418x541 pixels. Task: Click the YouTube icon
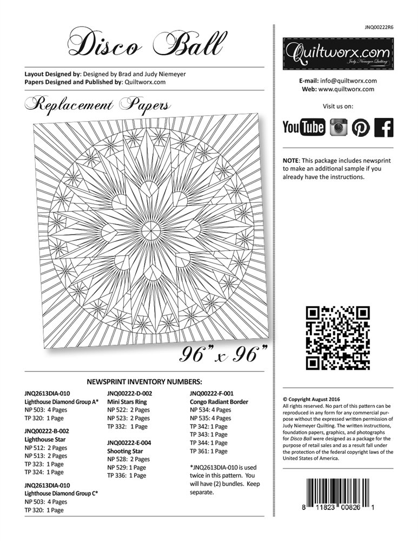[304, 128]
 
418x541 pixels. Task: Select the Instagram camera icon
[339, 128]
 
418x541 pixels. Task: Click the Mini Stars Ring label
[128, 402]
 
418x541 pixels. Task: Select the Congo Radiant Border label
[219, 402]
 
